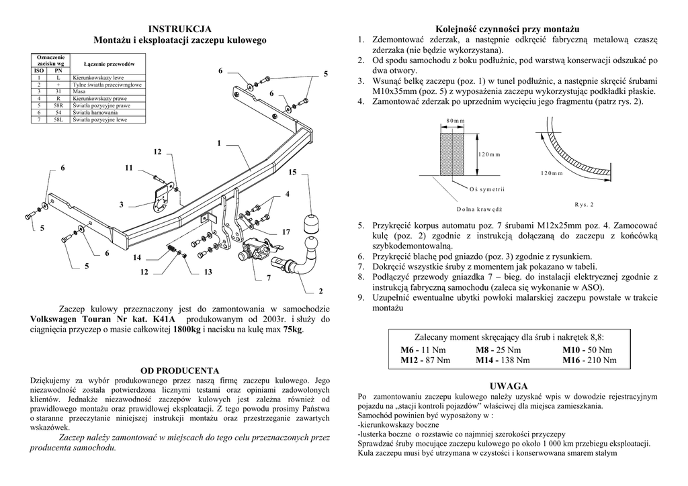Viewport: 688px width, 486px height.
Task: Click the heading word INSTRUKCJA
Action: click(x=179, y=28)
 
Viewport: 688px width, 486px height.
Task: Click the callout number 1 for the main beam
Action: click(x=219, y=143)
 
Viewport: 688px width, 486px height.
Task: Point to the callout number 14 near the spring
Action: click(x=137, y=258)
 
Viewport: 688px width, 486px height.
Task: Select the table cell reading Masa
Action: click(x=79, y=91)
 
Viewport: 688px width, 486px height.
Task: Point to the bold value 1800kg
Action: click(x=186, y=330)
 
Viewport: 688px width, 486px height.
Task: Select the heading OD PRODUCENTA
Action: click(x=179, y=370)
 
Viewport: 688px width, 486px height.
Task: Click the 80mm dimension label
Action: click(x=455, y=120)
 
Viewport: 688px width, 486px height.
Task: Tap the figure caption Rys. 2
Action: click(x=584, y=204)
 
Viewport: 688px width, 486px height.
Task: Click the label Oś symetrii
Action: click(x=492, y=188)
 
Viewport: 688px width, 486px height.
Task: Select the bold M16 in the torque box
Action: click(x=572, y=360)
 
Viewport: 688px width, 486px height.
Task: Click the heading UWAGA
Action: click(x=509, y=386)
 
